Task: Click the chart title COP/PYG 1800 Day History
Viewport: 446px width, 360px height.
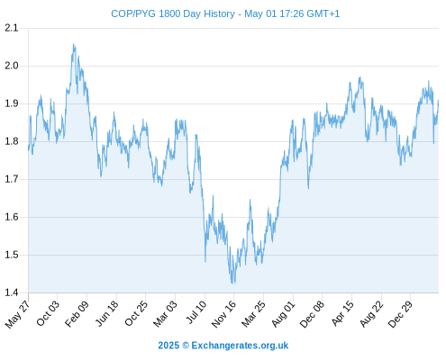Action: tap(173, 13)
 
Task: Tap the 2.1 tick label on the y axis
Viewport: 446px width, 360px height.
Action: tap(12, 28)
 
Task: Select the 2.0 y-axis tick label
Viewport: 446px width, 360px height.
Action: tap(12, 66)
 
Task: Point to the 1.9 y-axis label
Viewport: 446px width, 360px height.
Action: tap(12, 103)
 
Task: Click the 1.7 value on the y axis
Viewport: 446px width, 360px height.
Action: tap(12, 179)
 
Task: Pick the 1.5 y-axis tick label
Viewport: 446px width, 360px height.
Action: tap(12, 255)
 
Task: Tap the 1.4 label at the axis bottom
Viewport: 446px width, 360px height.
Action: tap(12, 292)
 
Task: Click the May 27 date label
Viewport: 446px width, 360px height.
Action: tap(17, 314)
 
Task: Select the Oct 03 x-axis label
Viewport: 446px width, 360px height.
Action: tap(48, 313)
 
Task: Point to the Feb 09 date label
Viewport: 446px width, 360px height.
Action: tap(77, 313)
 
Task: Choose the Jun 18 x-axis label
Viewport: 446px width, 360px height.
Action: tap(106, 313)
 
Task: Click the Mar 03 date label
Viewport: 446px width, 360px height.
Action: tap(165, 314)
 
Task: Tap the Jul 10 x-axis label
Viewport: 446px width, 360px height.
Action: tap(196, 312)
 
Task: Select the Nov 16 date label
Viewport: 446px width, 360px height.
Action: tap(223, 314)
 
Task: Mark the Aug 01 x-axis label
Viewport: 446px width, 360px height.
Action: tap(283, 314)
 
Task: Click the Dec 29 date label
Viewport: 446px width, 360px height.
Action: tap(399, 314)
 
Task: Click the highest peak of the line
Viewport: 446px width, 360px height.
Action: tap(74, 44)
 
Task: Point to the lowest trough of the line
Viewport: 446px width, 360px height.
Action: tap(232, 283)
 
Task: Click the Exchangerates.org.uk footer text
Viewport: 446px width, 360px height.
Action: tap(240, 346)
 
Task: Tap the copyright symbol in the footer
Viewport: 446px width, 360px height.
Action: tap(186, 346)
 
